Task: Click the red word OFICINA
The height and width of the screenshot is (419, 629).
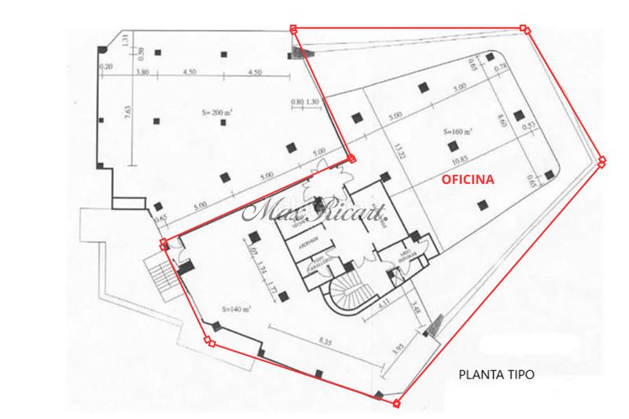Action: point(467,180)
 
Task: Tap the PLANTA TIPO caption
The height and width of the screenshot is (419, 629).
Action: point(496,375)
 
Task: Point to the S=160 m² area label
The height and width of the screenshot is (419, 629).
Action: point(458,131)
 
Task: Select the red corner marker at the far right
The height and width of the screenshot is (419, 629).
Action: point(602,161)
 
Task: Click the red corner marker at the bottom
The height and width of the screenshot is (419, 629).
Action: point(396,404)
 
